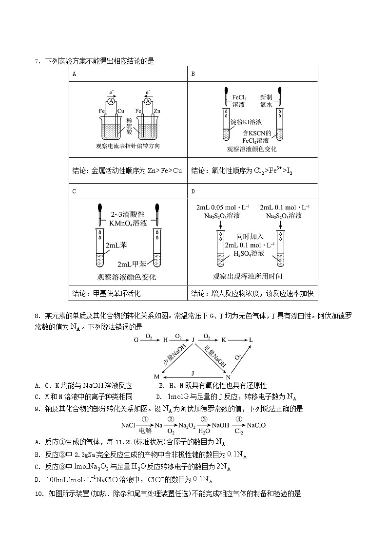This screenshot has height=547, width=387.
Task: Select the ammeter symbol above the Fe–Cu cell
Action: click(x=112, y=102)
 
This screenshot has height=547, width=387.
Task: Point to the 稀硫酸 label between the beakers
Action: click(x=129, y=125)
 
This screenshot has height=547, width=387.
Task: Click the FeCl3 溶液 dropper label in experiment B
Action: click(x=239, y=101)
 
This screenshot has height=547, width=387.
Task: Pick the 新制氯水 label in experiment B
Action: click(x=266, y=101)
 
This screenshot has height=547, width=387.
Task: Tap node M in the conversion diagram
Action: click(x=157, y=377)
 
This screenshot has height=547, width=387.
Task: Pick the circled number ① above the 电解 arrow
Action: click(x=145, y=419)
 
